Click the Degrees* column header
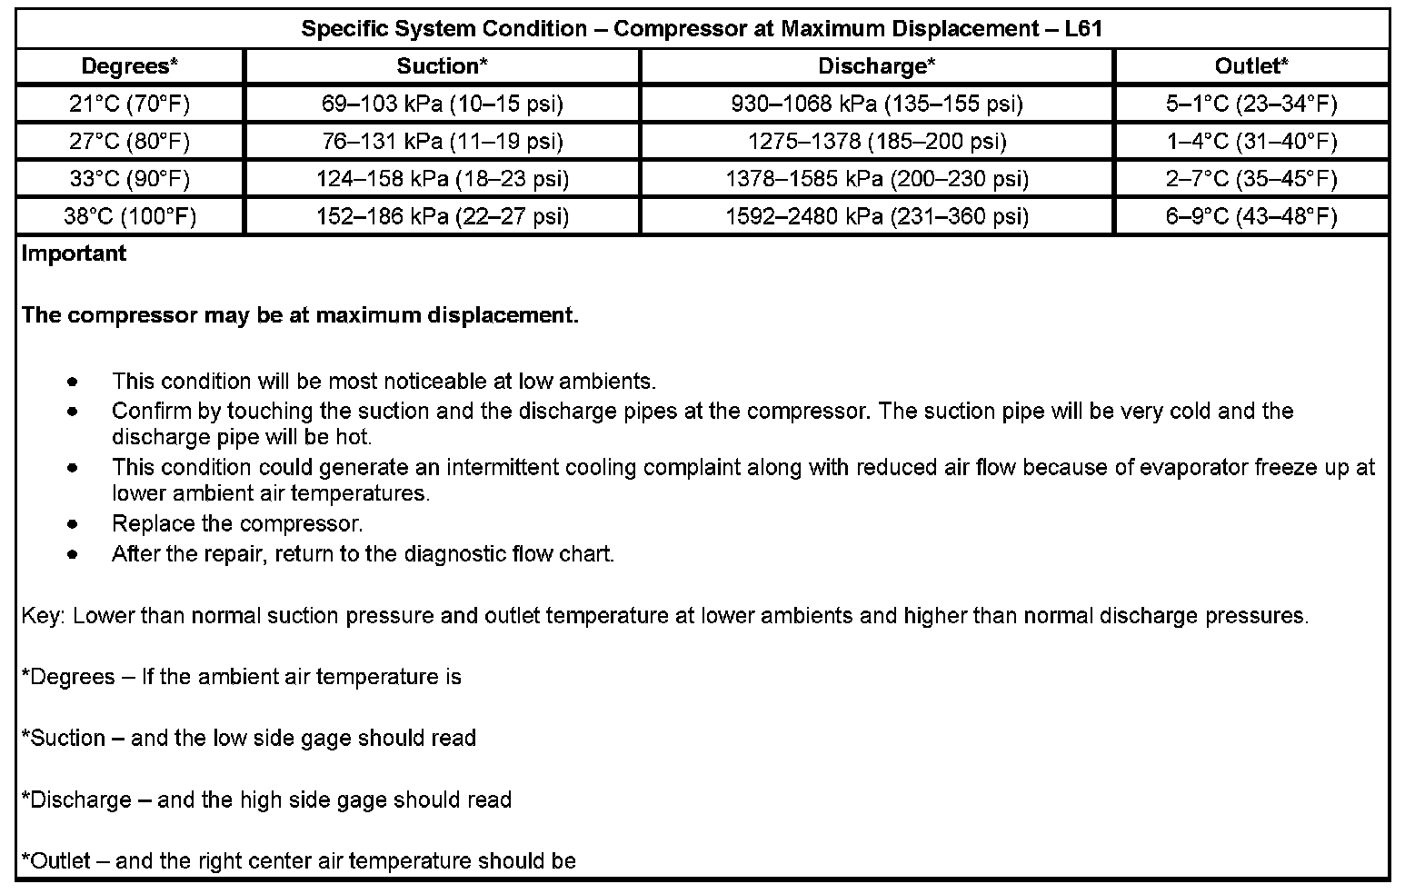point(129,66)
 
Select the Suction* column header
point(442,66)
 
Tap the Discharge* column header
point(876,66)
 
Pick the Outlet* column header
point(1251,66)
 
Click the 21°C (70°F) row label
point(129,104)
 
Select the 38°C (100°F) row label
point(129,216)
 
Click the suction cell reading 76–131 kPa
point(442,142)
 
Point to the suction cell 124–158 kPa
point(442,179)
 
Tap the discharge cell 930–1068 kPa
point(876,104)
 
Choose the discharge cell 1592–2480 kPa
point(876,216)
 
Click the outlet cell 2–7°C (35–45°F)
point(1251,179)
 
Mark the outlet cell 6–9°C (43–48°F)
point(1251,216)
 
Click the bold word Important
point(74,253)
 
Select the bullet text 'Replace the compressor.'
point(237,524)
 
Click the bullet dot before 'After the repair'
point(73,554)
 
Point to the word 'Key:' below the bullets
point(43,616)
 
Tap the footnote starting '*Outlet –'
point(298,860)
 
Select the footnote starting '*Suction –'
point(248,738)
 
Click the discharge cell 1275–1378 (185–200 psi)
point(876,142)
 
